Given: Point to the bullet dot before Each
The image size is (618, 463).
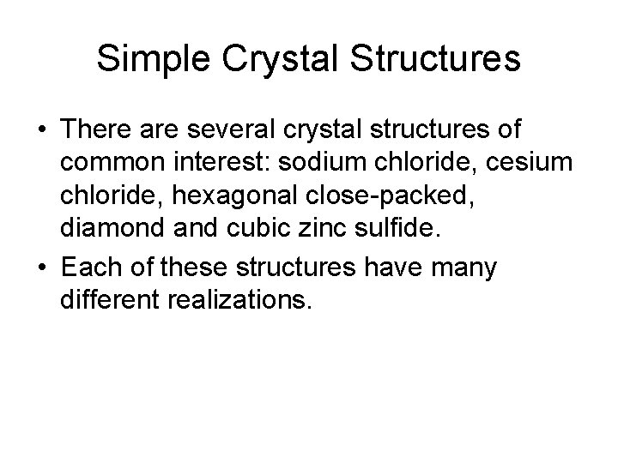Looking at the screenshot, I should coord(41,268).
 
